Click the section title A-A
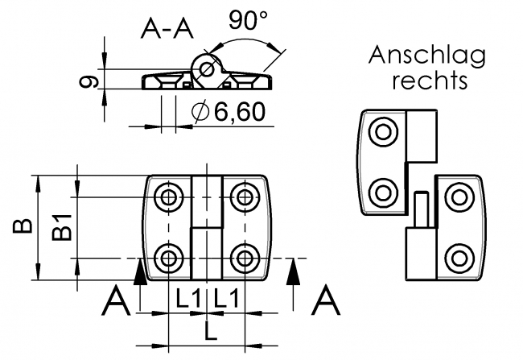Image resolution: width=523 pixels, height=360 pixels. point(167,29)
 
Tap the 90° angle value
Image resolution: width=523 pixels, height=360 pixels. point(248,21)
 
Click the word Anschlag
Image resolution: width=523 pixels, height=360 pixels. point(427,56)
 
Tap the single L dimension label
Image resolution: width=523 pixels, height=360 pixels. point(207,330)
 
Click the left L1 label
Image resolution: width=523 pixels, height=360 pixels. point(187,299)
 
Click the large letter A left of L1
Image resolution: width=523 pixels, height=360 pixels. point(119,304)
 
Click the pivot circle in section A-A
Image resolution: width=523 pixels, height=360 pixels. point(208,68)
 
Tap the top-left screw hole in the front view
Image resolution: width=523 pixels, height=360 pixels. point(169,197)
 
